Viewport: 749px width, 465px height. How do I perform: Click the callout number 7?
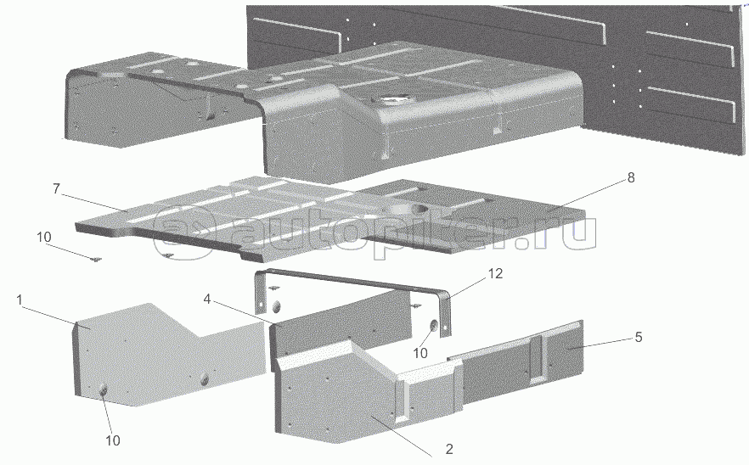[56, 189]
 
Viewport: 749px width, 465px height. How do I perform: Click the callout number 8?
[631, 177]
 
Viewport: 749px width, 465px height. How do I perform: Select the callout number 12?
[495, 273]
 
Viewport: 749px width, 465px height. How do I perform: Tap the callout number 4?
[206, 300]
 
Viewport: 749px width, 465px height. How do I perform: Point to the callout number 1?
[20, 300]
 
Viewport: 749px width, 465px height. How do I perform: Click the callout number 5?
[639, 338]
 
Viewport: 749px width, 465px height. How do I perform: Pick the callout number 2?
[448, 449]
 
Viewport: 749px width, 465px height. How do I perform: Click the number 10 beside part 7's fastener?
[44, 238]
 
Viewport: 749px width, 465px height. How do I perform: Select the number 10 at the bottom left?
[113, 440]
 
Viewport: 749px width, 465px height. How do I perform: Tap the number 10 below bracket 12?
[420, 353]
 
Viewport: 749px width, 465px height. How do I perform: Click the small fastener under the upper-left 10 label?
[95, 260]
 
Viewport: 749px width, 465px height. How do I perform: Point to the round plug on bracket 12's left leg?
[276, 306]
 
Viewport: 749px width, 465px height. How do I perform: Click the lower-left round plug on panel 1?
[104, 391]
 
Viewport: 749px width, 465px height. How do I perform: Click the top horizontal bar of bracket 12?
[351, 281]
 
